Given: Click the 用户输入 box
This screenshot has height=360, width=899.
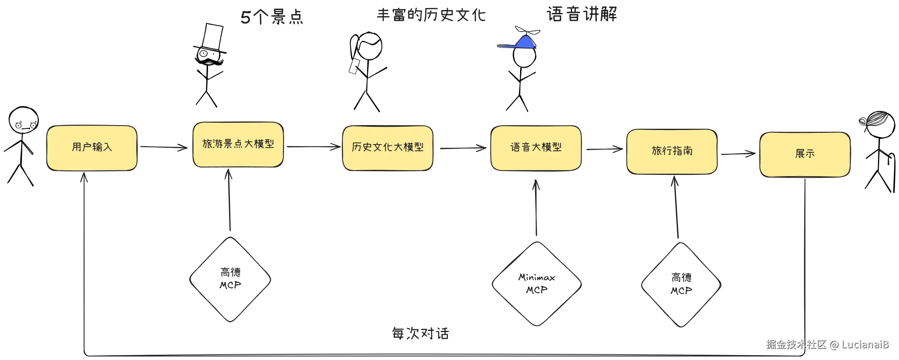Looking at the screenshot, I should pyautogui.click(x=92, y=148).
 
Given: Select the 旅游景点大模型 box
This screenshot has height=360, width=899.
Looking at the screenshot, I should pyautogui.click(x=238, y=144).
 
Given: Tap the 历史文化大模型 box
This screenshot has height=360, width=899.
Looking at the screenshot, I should pyautogui.click(x=387, y=148).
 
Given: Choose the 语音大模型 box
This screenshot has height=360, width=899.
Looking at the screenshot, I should pyautogui.click(x=536, y=148).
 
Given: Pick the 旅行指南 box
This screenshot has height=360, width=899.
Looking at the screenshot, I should pyautogui.click(x=672, y=151).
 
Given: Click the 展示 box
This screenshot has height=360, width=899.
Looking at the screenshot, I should pyautogui.click(x=805, y=154).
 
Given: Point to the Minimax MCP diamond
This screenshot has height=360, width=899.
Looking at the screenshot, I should pyautogui.click(x=537, y=284).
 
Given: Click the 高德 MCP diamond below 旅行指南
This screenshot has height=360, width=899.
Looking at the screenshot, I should pyautogui.click(x=681, y=284).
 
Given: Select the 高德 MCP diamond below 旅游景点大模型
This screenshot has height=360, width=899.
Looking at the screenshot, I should pyautogui.click(x=230, y=279).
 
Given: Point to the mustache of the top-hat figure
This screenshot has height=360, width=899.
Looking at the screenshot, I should pyautogui.click(x=209, y=62).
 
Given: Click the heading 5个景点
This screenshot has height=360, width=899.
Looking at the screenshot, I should pyautogui.click(x=272, y=17).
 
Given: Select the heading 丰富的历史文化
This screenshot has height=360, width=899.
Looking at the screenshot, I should pyautogui.click(x=431, y=15).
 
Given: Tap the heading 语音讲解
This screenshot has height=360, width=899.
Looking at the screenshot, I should pyautogui.click(x=582, y=14).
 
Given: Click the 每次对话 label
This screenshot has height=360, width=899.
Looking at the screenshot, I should pyautogui.click(x=420, y=333).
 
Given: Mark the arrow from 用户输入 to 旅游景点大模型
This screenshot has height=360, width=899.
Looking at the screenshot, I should pyautogui.click(x=164, y=147).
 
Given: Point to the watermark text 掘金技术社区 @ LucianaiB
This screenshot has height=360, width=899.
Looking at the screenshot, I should pyautogui.click(x=827, y=345).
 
